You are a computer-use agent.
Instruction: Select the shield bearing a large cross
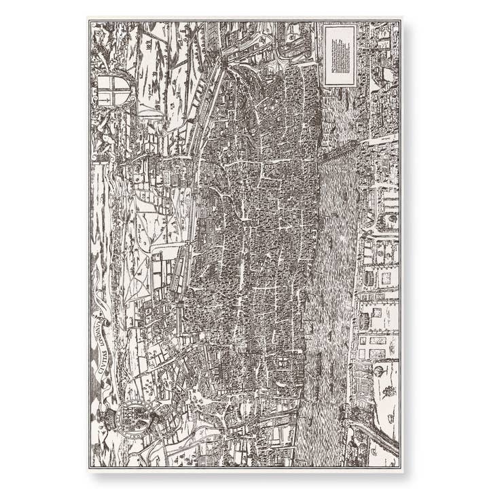112,90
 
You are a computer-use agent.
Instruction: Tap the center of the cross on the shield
112,90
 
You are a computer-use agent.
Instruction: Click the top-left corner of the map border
90,21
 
